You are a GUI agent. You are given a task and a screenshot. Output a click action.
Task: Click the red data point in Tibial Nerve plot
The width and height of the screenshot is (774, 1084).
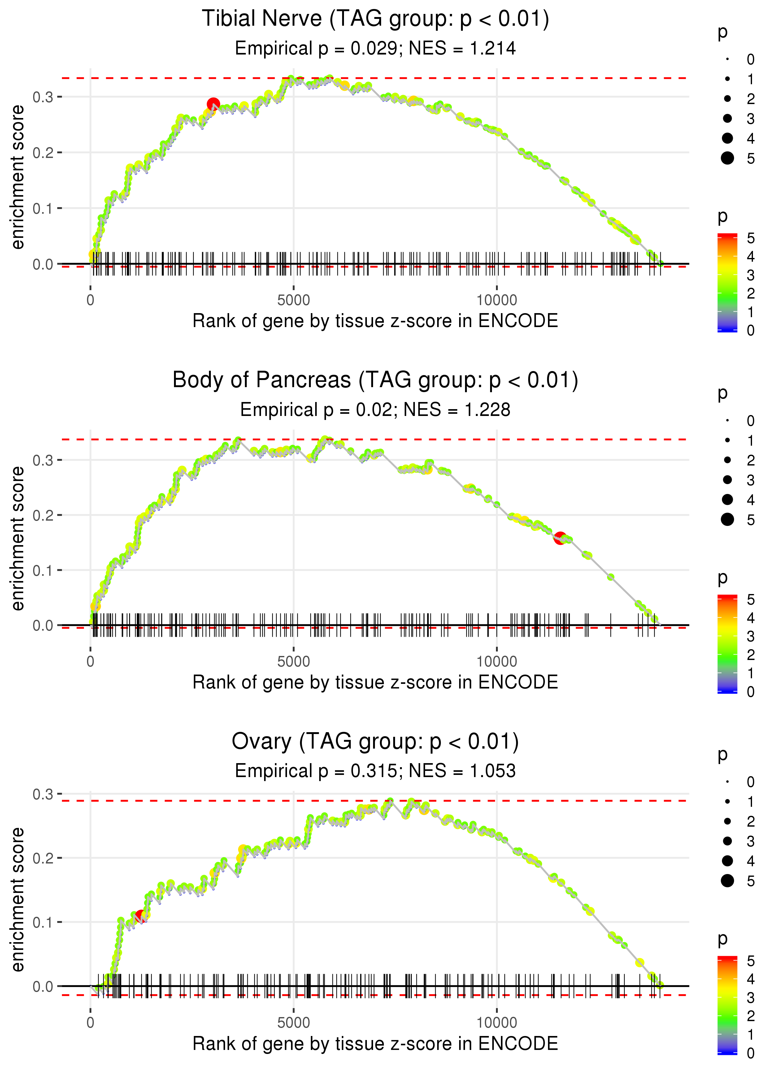[x=213, y=104]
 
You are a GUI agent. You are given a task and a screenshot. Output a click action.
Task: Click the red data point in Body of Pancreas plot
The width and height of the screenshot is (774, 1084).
[x=560, y=538]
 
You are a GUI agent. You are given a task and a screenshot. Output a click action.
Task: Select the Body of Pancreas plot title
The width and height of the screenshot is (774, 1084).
[x=375, y=380]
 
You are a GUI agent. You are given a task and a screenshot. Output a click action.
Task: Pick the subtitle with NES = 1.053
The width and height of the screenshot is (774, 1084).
[x=375, y=771]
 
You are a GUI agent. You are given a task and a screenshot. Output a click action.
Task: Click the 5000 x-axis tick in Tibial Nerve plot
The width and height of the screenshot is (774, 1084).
[x=294, y=300]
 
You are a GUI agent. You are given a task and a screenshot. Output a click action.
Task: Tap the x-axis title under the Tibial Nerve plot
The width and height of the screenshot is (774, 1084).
[x=375, y=321]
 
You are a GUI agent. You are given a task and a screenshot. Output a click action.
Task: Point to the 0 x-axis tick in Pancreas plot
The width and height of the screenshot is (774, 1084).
[x=90, y=662]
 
